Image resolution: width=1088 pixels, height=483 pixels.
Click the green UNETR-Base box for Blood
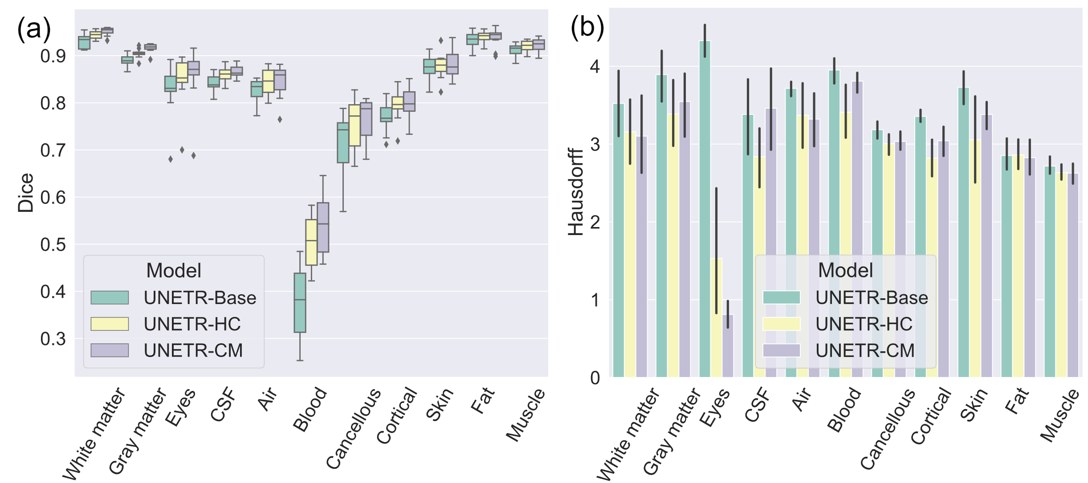click(x=300, y=303)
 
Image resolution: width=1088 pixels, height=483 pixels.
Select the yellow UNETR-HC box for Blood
click(x=311, y=242)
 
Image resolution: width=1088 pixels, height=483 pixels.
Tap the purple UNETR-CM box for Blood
click(x=323, y=227)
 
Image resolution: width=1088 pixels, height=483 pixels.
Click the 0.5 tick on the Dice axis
click(x=53, y=244)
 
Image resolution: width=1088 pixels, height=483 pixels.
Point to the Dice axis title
click(x=26, y=193)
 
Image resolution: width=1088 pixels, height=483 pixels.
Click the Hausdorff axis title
click(x=575, y=191)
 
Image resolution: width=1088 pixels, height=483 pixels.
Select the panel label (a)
click(x=34, y=29)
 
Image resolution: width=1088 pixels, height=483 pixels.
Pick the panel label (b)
click(x=587, y=28)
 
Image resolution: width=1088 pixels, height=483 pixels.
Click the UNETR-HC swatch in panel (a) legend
click(x=110, y=324)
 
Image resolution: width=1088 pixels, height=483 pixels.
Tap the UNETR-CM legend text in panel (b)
click(x=865, y=351)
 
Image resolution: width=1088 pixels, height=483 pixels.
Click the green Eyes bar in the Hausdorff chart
click(x=705, y=209)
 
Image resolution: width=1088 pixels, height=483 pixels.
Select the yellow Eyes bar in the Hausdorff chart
click(x=716, y=318)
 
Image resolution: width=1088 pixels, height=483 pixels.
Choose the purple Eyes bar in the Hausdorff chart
click(x=728, y=346)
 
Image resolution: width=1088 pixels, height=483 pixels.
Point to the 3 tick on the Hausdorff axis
click(x=595, y=144)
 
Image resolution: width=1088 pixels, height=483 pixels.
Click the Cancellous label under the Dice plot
click(x=354, y=428)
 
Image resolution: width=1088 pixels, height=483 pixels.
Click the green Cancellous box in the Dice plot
click(x=343, y=142)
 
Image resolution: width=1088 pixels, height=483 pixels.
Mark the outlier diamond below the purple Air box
click(x=280, y=119)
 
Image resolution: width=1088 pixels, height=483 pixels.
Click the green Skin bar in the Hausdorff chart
click(x=963, y=231)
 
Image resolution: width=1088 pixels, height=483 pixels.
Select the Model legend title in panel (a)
click(x=174, y=270)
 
